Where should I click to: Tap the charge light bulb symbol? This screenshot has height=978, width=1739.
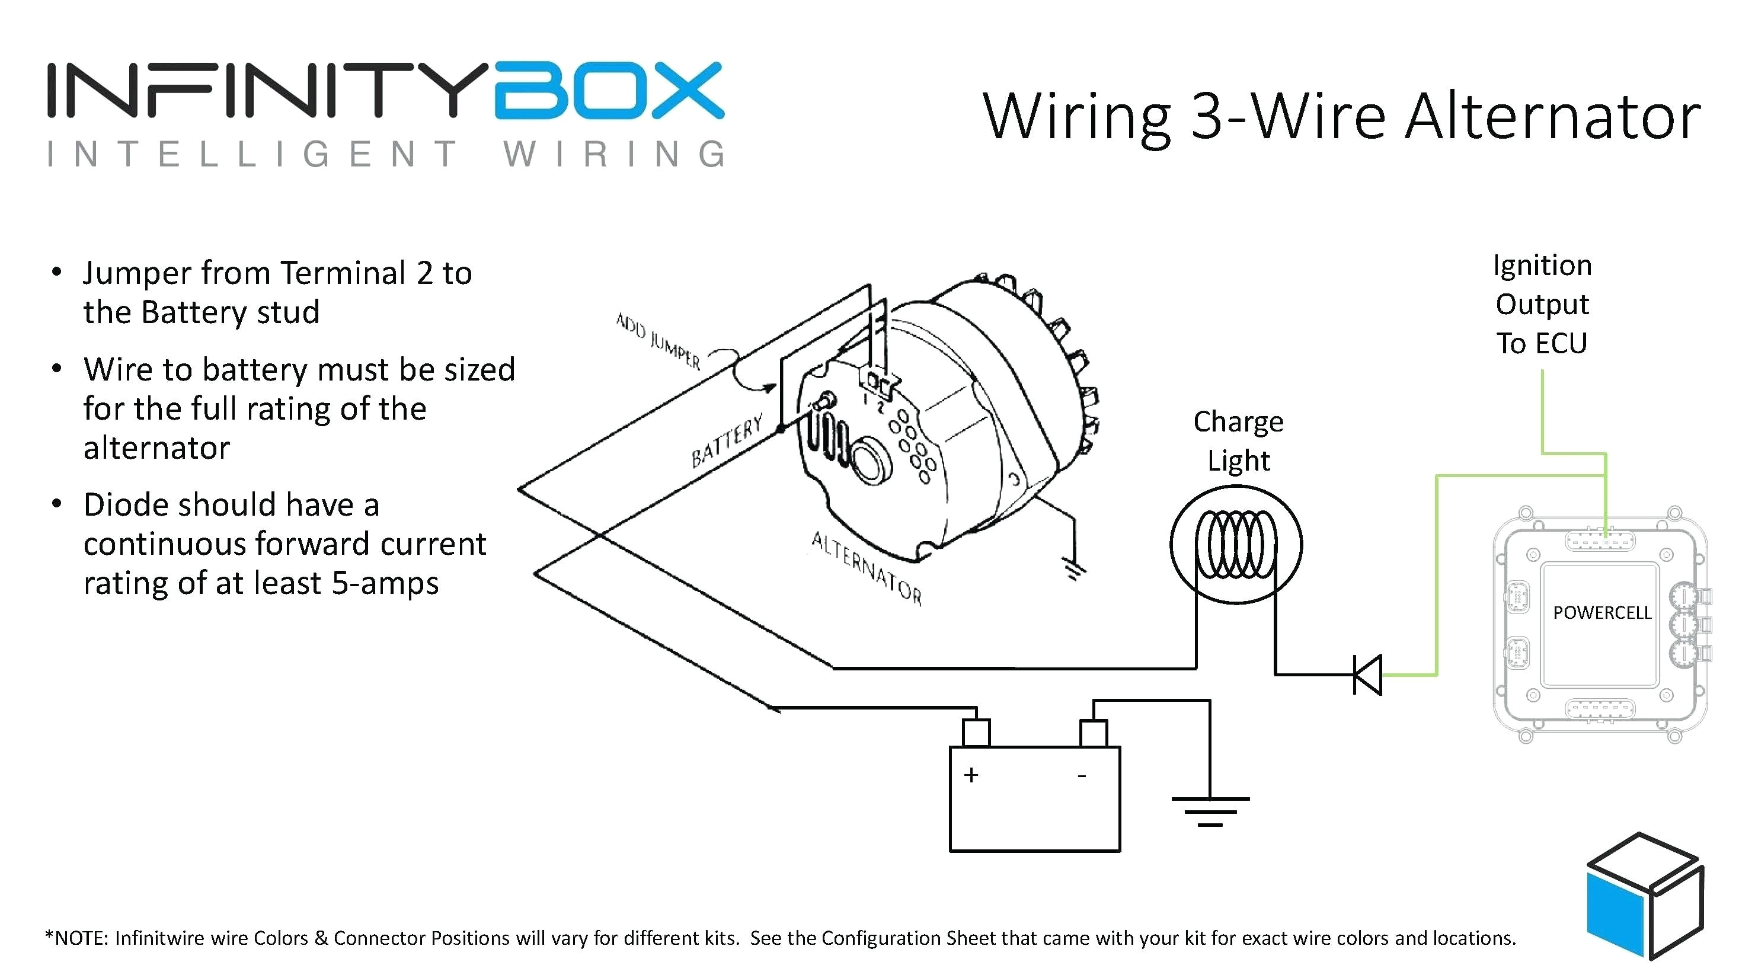click(1235, 545)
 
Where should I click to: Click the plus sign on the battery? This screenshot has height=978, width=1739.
click(971, 775)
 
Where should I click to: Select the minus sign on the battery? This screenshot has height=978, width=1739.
click(1082, 776)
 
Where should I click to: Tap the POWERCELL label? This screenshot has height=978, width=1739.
click(1601, 613)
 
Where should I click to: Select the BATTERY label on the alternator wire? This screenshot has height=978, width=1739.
click(727, 442)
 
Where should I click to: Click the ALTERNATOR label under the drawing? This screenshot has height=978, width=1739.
click(866, 568)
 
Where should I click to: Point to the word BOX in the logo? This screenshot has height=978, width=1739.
click(609, 91)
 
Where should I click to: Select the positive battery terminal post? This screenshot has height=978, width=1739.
click(976, 733)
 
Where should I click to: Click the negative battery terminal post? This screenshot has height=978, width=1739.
click(1093, 733)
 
